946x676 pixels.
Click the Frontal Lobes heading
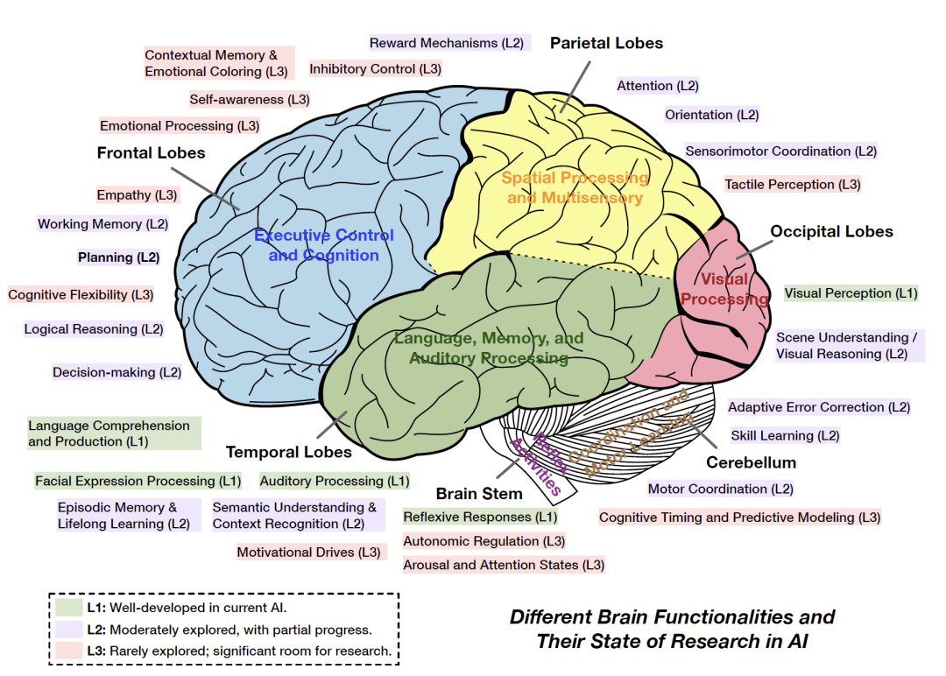click(x=151, y=153)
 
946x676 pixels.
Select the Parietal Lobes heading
click(x=606, y=43)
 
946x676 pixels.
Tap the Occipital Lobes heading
click(x=831, y=232)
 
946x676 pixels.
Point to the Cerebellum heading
click(x=751, y=462)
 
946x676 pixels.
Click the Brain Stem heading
click(x=479, y=494)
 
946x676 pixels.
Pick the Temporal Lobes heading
click(x=288, y=453)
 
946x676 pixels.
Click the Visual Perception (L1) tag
click(x=851, y=293)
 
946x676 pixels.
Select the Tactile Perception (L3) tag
click(x=792, y=185)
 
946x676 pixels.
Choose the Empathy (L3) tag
click(x=137, y=194)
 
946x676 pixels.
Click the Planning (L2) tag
click(x=118, y=257)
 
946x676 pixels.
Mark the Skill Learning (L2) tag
click(x=785, y=435)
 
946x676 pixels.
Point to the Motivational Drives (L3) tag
click(x=309, y=553)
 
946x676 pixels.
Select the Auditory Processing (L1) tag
click(x=335, y=481)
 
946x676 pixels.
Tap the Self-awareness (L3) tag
click(x=249, y=100)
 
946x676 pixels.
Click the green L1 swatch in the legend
click(x=68, y=607)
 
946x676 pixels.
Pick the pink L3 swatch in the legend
click(x=68, y=651)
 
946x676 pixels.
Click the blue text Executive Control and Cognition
click(x=324, y=245)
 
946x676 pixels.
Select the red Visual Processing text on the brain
click(x=724, y=289)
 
